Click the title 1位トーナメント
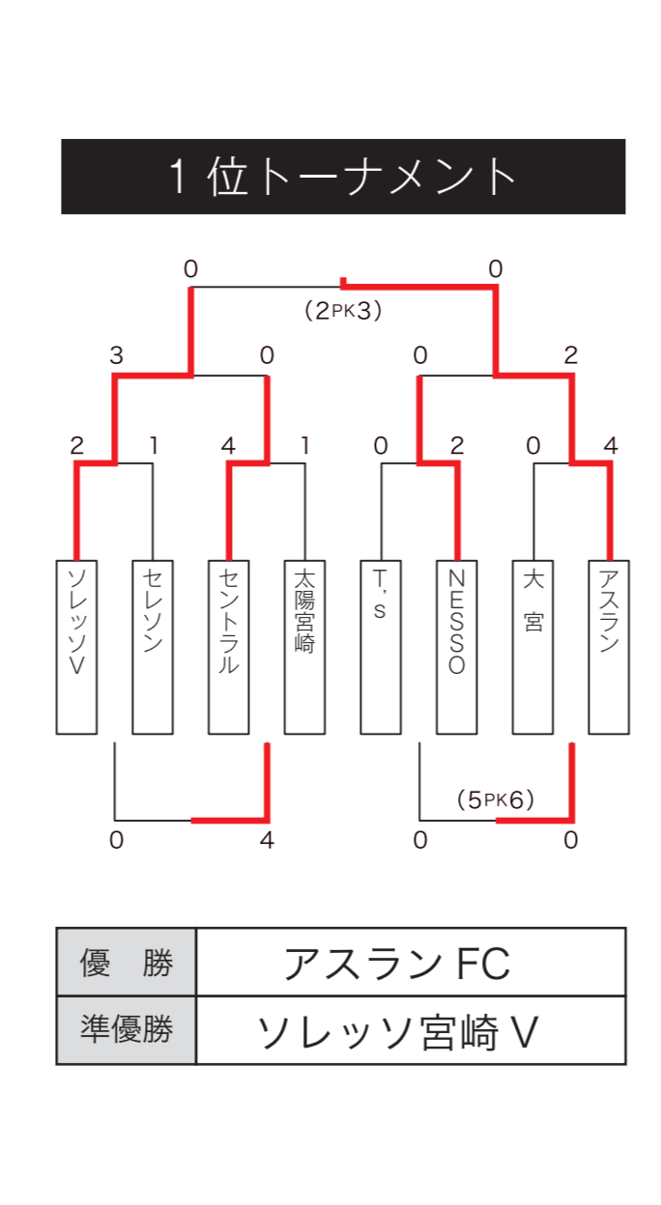click(x=343, y=177)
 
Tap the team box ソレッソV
click(x=76, y=647)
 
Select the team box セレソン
click(x=153, y=647)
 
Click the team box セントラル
click(x=229, y=647)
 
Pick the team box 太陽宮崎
click(x=304, y=647)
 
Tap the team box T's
click(x=381, y=647)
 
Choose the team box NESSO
click(x=457, y=647)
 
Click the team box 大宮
click(x=532, y=647)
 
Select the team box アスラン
click(x=609, y=647)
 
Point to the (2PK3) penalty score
click(x=343, y=311)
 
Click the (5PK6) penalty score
click(x=495, y=799)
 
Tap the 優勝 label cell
click(x=126, y=963)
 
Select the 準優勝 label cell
click(x=126, y=1030)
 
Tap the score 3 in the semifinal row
click(x=116, y=356)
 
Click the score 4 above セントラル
click(x=228, y=446)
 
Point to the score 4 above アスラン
click(x=610, y=446)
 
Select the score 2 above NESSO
click(x=457, y=446)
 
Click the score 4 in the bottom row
click(x=267, y=840)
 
